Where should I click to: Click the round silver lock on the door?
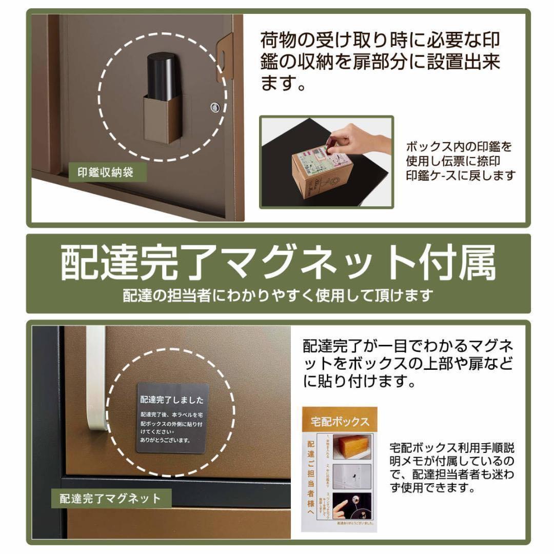point(214,107)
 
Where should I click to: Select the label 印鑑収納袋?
point(106,172)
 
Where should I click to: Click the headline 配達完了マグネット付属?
point(278,263)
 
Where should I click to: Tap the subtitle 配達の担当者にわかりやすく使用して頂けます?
point(278,295)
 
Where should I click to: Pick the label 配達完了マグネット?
point(110,498)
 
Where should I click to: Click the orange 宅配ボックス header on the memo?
point(340,422)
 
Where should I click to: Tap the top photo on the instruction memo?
point(351,446)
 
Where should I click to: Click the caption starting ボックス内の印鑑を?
point(460,161)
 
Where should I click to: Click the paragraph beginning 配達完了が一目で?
point(408,363)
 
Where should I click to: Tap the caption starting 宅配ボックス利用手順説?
point(451,467)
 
